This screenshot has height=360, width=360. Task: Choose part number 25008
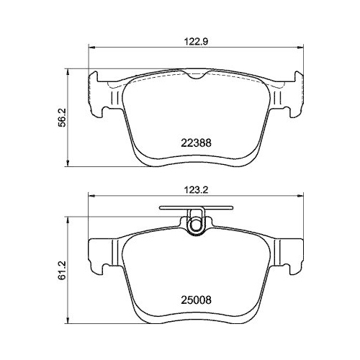194,295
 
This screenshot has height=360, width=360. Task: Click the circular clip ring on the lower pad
194,225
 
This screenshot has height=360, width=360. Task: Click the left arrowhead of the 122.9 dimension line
91,48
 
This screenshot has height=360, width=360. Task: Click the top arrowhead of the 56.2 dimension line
69,71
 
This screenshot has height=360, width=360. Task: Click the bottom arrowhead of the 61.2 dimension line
69,320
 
